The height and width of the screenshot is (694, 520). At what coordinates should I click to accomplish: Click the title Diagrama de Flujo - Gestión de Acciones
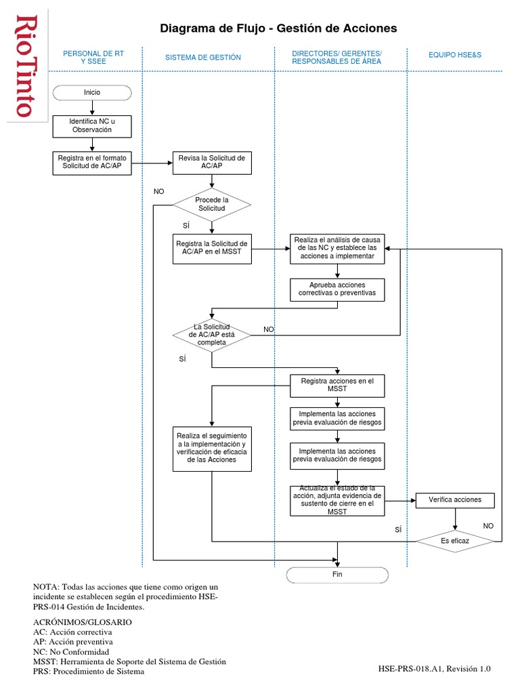point(278,28)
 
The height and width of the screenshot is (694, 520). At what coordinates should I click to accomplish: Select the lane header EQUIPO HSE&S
point(454,54)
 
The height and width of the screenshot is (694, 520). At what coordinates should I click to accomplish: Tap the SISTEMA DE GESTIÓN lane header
point(203,58)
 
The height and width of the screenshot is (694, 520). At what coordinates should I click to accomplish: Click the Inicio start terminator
point(91,92)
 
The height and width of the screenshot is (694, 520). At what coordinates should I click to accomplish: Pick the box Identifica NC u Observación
point(91,125)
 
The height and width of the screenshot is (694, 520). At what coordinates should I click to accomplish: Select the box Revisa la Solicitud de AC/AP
point(212,162)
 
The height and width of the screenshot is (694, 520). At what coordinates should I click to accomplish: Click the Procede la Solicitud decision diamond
point(212,204)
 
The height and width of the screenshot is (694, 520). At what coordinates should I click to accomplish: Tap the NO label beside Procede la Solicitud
point(159,192)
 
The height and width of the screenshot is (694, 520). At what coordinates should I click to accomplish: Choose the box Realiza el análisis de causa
point(337,249)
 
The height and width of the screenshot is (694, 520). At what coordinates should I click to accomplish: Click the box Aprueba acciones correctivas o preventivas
point(337,290)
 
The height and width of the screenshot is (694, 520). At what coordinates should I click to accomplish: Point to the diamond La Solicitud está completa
point(212,334)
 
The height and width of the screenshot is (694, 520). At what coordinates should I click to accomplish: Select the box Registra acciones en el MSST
point(337,385)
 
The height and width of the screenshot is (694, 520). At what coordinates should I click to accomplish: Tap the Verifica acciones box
point(455,500)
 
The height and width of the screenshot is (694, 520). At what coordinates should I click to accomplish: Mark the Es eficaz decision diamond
point(455,541)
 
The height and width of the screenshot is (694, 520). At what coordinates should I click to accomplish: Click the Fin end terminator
point(337,575)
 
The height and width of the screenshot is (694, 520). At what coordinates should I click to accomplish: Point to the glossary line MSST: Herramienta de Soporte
point(129,661)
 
